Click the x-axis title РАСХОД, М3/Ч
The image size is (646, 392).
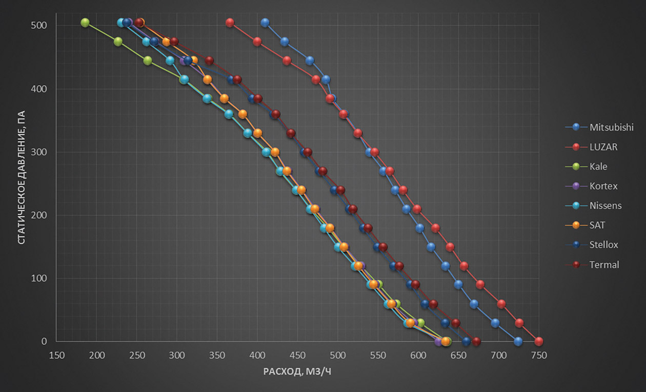[x=297, y=371]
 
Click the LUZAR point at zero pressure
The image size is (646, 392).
[x=538, y=341]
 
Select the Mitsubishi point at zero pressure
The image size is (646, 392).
[x=518, y=341]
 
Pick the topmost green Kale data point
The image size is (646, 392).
[x=85, y=23]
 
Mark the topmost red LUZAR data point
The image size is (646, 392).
[x=230, y=23]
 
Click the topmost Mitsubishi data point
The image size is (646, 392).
[x=265, y=23]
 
